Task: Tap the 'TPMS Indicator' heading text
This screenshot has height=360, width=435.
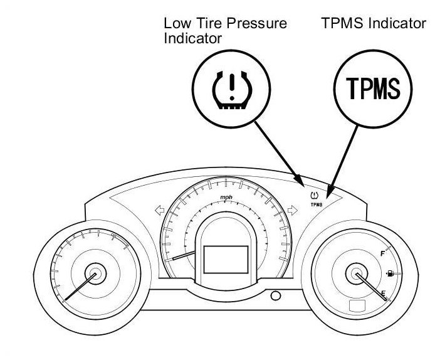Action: (373, 23)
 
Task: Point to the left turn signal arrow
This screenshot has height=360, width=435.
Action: (160, 211)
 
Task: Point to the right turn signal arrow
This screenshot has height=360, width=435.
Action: (291, 211)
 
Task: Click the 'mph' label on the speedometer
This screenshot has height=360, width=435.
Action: (226, 198)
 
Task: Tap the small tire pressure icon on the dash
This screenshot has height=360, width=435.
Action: (315, 196)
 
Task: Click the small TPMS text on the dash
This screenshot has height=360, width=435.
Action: (316, 204)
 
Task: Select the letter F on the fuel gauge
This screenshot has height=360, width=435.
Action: (382, 253)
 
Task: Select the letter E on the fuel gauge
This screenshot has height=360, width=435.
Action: (382, 294)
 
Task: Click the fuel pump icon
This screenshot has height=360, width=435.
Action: (390, 273)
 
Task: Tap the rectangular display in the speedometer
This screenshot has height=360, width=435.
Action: (226, 258)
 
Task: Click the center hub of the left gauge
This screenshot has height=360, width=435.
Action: (95, 275)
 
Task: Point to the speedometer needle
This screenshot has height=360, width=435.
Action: (183, 255)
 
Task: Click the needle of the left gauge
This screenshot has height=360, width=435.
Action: (78, 289)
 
